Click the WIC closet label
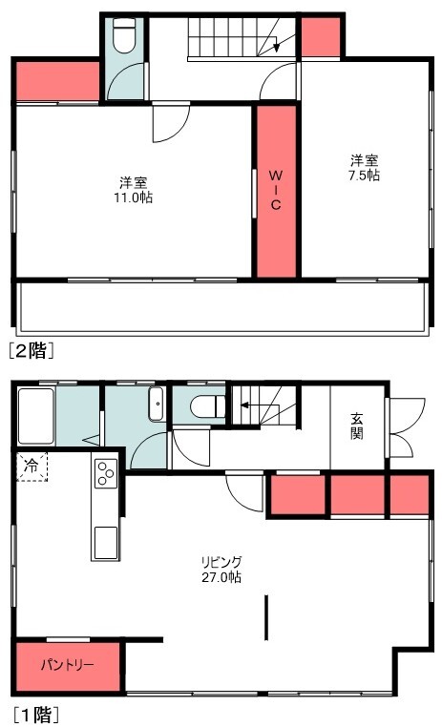coord(276,190)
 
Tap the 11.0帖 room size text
coord(134,197)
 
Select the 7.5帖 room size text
coord(364,176)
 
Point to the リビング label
coord(221,562)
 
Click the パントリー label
coord(67,665)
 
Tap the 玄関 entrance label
coord(356,426)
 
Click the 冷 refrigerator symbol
coord(32,466)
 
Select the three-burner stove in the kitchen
coord(106,473)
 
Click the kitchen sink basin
coord(106,543)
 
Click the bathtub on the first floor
coord(36,416)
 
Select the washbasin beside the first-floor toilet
coord(157,404)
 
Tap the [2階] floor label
coord(32,350)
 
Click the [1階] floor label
coord(35,715)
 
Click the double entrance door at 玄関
coord(407,427)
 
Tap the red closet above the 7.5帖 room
coord(321,37)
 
